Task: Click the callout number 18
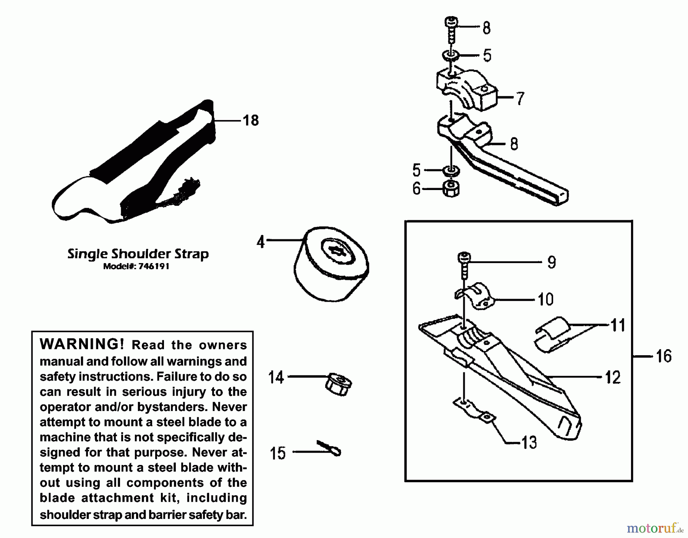tap(251, 120)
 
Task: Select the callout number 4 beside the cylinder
tap(261, 242)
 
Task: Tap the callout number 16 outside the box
tap(664, 356)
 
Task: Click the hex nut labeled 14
tap(338, 385)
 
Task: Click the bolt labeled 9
tap(464, 265)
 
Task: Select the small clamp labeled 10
tap(474, 296)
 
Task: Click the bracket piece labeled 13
tap(474, 411)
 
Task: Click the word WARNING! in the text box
tap(82, 344)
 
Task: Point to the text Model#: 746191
tap(136, 267)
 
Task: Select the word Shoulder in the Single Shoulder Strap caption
tap(141, 254)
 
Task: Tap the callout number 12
tap(613, 377)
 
